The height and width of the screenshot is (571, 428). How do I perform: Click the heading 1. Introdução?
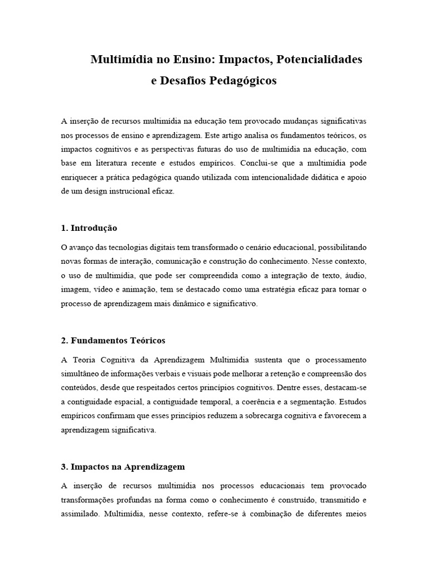[x=89, y=228]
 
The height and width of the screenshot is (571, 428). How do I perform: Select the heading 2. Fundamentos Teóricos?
[x=113, y=340]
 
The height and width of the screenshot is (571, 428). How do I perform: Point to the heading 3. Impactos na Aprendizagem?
[x=123, y=466]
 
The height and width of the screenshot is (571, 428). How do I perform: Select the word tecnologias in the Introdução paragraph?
[x=132, y=247]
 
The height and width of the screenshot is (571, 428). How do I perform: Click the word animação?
[x=138, y=289]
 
